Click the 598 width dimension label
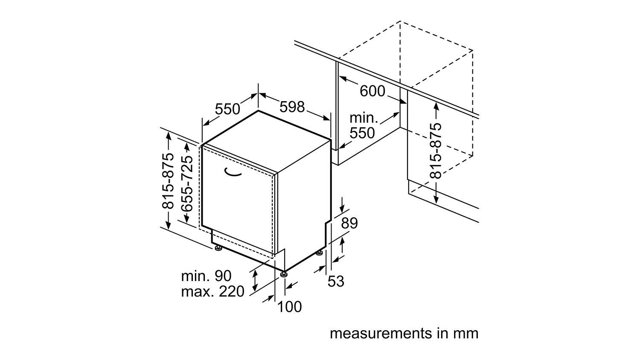tap(292, 107)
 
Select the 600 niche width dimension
tap(372, 91)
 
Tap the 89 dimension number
tap(349, 223)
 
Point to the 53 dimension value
tap(336, 281)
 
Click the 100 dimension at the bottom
tap(289, 307)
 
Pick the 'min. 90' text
tap(206, 276)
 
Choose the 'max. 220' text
tap(213, 291)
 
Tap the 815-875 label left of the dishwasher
tap(168, 181)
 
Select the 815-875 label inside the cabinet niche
tap(436, 151)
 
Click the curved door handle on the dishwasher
tap(232, 172)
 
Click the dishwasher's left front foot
tap(219, 248)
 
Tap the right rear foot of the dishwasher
tap(319, 253)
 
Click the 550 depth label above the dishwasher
tap(227, 109)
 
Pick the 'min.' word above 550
tap(364, 118)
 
